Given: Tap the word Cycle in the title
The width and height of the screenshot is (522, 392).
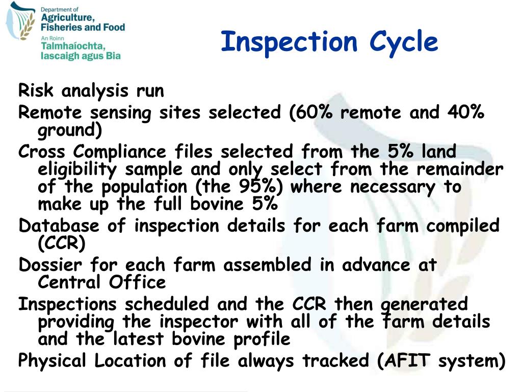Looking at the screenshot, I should (404, 42).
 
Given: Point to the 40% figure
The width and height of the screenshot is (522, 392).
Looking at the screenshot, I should (466, 112).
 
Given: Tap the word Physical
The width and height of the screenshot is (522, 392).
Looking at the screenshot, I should (55, 360).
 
